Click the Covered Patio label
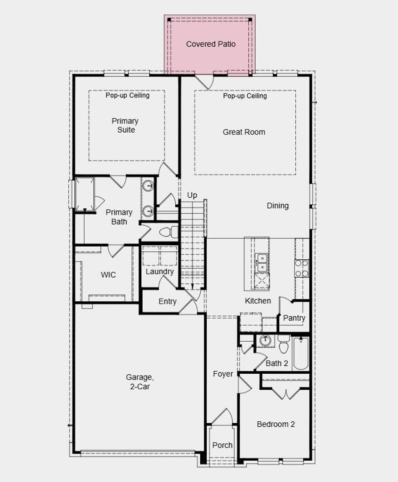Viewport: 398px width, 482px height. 211,44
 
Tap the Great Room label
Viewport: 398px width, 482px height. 244,132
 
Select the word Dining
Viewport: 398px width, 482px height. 277,206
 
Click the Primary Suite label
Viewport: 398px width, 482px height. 125,125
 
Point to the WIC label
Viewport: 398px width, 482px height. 108,274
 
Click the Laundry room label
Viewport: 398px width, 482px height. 160,272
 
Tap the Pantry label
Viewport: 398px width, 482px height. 294,318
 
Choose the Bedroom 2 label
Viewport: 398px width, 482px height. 276,424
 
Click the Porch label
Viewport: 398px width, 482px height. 222,445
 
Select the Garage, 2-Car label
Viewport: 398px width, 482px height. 140,381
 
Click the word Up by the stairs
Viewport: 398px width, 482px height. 192,195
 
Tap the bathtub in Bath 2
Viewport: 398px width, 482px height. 301,353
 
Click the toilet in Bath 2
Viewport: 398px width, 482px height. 283,344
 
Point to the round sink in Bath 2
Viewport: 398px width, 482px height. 265,341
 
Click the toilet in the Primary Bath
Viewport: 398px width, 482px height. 169,232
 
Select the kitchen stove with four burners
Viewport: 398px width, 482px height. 301,268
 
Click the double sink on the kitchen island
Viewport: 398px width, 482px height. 262,263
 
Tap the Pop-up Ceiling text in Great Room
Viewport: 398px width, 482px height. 245,96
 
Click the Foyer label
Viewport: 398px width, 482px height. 223,374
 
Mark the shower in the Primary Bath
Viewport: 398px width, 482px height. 84,194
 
